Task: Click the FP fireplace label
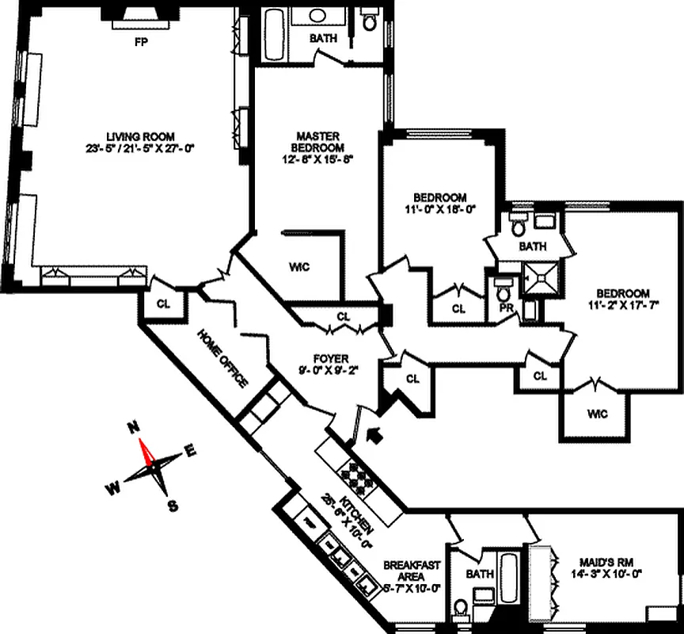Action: coord(142,42)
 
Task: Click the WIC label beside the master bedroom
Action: coord(299,267)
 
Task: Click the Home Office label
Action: coord(222,358)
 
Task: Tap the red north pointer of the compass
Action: coord(145,452)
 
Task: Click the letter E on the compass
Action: coord(190,450)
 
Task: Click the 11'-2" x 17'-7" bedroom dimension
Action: coord(624,304)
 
